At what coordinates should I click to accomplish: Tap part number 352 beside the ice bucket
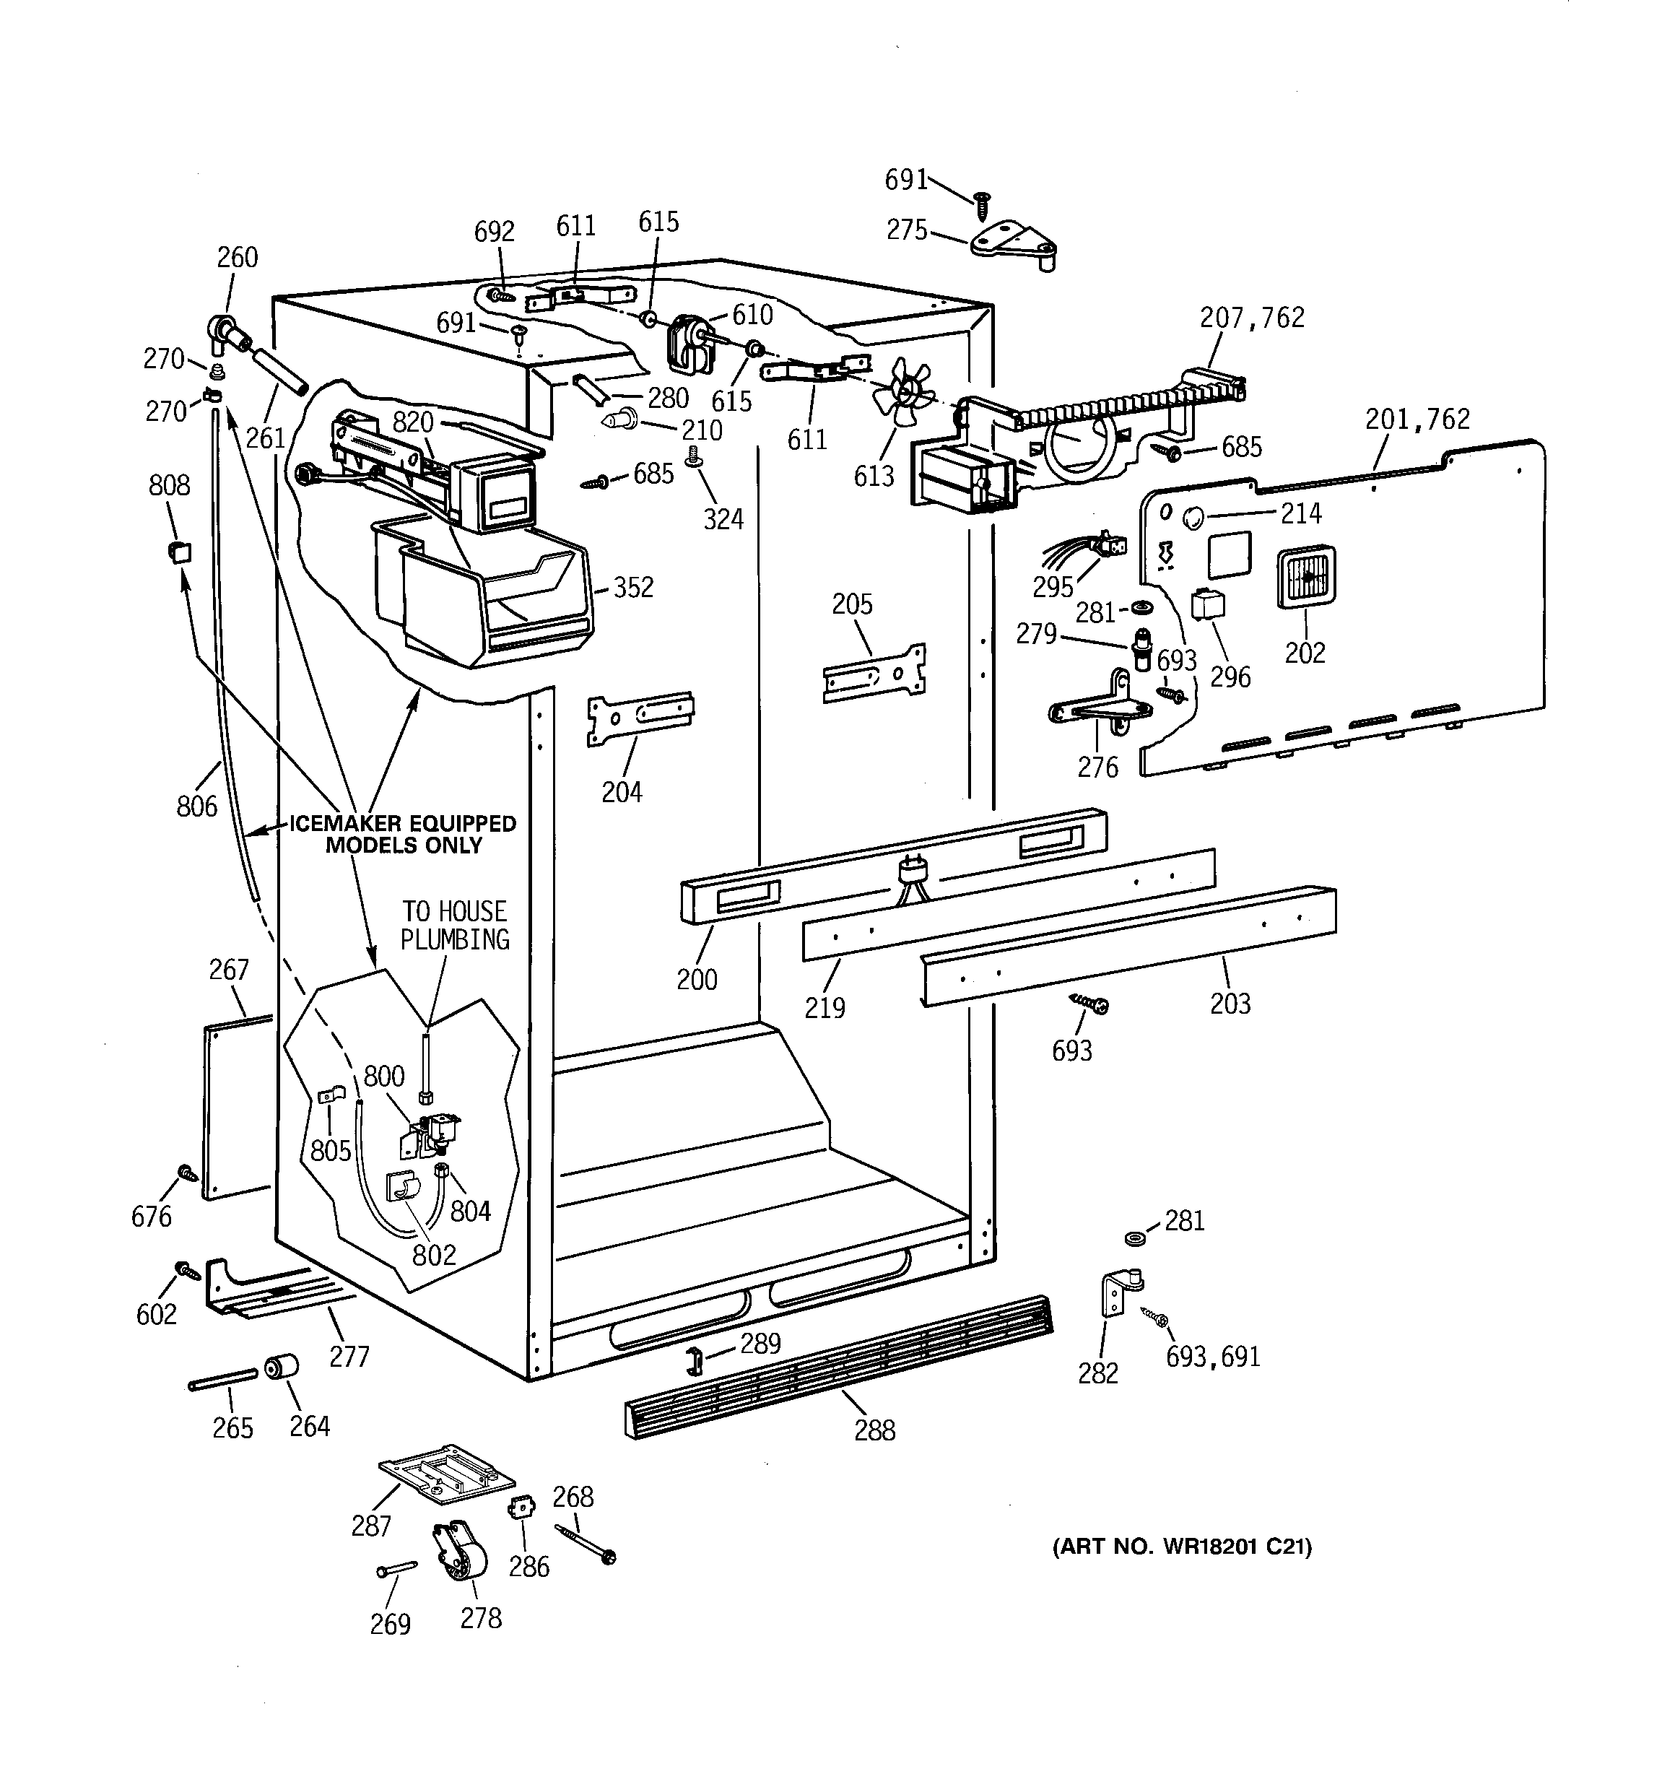coord(633,588)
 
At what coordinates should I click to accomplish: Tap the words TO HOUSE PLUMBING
coord(454,926)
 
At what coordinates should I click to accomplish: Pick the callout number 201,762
coord(1417,419)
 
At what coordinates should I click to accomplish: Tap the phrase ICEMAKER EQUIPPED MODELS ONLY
coord(403,834)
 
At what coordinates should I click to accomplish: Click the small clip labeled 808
coord(180,550)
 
